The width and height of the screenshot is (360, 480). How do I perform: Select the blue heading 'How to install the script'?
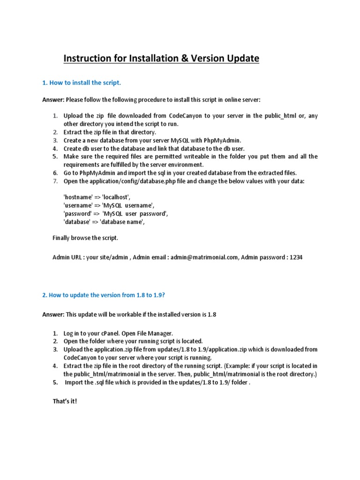pos(82,82)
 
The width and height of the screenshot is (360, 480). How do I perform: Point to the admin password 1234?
pos(296,258)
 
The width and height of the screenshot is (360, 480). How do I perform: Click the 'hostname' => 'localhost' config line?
pos(97,197)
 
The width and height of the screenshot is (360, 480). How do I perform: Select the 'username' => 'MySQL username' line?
pos(108,205)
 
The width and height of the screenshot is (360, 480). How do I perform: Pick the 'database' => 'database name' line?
pos(104,222)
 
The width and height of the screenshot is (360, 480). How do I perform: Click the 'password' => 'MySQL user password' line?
pos(115,214)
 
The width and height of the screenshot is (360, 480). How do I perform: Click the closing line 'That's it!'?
pos(64,401)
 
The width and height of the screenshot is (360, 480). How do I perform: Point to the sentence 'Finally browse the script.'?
pos(85,238)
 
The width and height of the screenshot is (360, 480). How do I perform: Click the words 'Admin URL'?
pos(67,258)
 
